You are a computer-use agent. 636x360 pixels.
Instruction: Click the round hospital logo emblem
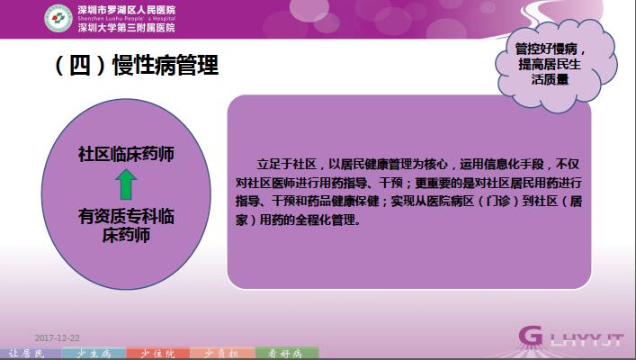[x=58, y=18]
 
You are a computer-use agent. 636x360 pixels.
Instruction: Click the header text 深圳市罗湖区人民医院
[x=127, y=10]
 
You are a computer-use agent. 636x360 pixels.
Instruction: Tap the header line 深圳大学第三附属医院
[x=127, y=28]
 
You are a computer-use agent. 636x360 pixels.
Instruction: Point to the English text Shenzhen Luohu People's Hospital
[x=127, y=19]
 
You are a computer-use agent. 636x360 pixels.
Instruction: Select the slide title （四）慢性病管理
[x=137, y=65]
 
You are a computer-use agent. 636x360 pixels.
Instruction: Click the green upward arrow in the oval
[x=126, y=184]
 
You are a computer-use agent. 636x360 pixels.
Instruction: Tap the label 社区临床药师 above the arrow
[x=126, y=154]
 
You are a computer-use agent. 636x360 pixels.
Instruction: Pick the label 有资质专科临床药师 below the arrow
[x=126, y=226]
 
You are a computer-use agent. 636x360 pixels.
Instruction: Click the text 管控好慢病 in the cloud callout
[x=546, y=49]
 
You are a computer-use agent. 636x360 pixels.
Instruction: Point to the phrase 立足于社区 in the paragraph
[x=287, y=165]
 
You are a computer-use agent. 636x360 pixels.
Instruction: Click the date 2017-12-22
[x=58, y=338]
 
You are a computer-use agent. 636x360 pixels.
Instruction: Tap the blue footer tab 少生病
[x=94, y=354]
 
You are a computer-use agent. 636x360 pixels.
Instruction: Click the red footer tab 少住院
[x=157, y=354]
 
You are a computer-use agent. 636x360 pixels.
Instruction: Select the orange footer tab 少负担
[x=222, y=354]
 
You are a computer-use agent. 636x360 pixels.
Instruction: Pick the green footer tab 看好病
[x=287, y=354]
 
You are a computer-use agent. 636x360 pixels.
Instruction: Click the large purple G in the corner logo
[x=530, y=336]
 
